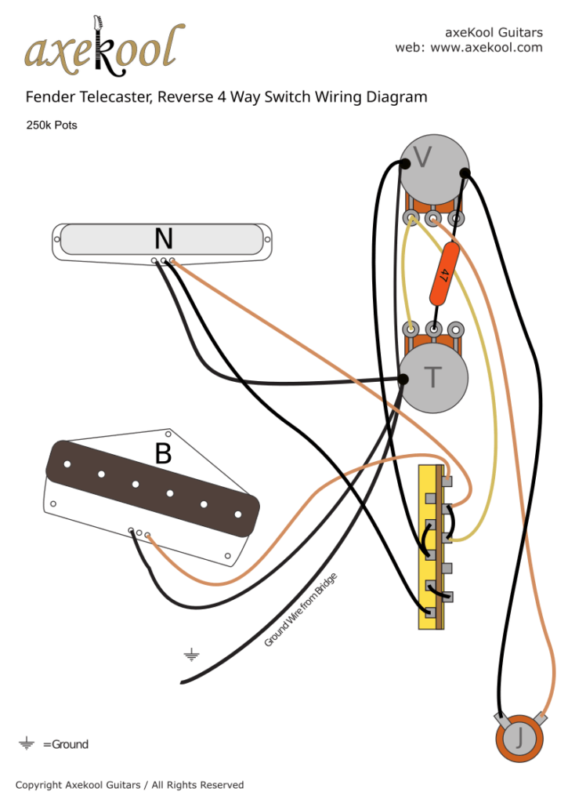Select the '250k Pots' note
point(52,125)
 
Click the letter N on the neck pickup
point(163,238)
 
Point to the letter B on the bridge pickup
point(163,454)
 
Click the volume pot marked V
point(433,167)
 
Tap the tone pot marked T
point(433,378)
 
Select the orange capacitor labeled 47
point(443,274)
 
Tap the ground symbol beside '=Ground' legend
point(27,743)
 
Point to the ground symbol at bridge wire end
point(190,655)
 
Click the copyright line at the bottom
point(129,785)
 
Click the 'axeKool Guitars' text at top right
point(494,32)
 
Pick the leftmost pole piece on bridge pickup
point(68,463)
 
